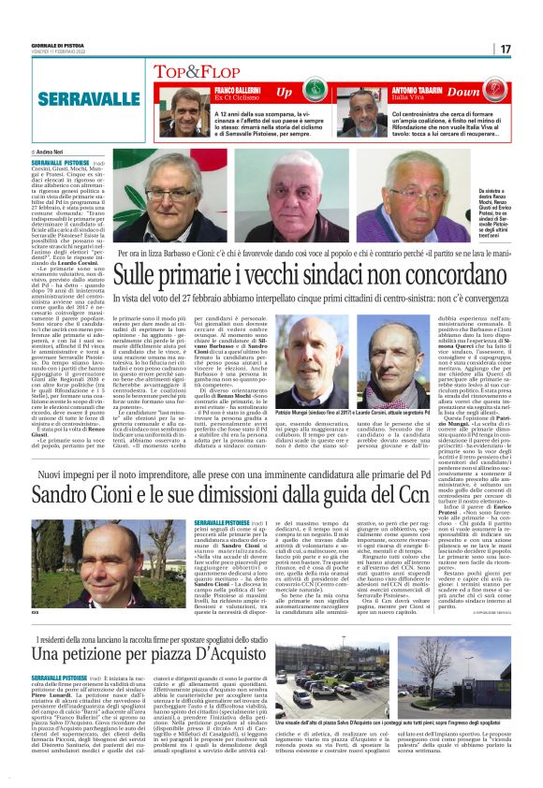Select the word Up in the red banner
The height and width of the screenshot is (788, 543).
tap(284, 93)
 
